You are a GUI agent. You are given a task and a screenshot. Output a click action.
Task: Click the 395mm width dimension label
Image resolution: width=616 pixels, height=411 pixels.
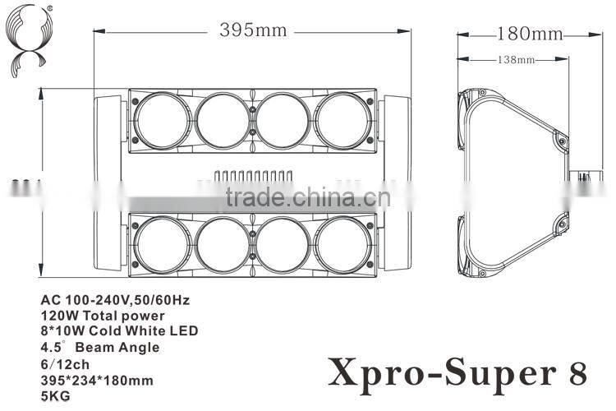pos(253,31)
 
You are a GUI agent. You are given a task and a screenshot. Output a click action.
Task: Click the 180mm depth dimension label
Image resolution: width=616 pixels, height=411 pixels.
pos(530,34)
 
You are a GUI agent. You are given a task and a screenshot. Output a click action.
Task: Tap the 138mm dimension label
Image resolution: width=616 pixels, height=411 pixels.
pos(515,60)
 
